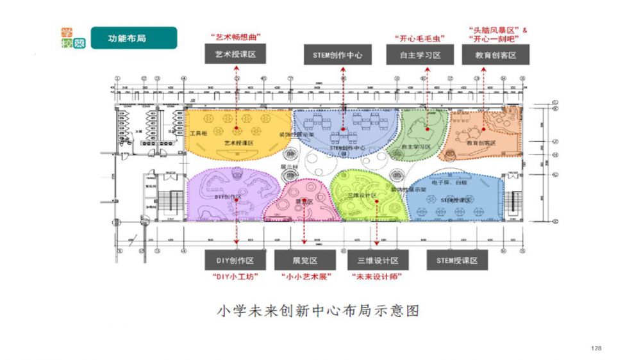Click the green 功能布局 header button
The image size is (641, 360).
tap(133, 38)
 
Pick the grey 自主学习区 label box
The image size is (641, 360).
tap(420, 54)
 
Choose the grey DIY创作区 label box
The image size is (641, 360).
tap(236, 261)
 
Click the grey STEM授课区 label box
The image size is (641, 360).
tap(457, 261)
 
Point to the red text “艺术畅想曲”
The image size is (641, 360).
tap(235, 37)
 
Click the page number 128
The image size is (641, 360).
tap(596, 348)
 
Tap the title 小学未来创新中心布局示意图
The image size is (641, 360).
tap(319, 312)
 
